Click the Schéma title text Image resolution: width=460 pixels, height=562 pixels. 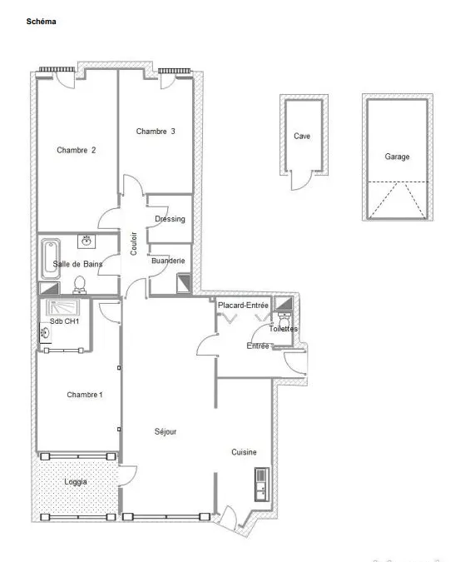click(41, 22)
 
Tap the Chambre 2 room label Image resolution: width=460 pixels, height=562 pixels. click(77, 150)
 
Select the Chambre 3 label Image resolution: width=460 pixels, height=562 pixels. click(156, 132)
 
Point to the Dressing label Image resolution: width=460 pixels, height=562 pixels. click(170, 219)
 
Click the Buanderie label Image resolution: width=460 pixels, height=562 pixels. click(168, 261)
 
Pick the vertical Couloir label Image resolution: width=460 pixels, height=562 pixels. click(134, 244)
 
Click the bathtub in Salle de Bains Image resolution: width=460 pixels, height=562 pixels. click(51, 259)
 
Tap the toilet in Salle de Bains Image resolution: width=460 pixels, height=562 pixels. click(80, 285)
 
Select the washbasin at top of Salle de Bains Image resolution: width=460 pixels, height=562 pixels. click(87, 241)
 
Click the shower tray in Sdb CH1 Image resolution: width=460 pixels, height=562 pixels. click(62, 308)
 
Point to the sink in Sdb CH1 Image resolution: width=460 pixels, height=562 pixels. click(46, 332)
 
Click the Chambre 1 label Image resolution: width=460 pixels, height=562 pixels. click(85, 395)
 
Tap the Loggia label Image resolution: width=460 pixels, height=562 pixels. click(76, 482)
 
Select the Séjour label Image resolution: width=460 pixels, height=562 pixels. click(166, 431)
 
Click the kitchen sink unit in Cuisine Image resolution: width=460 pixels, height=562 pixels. click(262, 484)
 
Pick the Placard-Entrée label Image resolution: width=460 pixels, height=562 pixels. click(243, 306)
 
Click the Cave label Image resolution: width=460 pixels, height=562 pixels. click(302, 137)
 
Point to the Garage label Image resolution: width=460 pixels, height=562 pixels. click(397, 157)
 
